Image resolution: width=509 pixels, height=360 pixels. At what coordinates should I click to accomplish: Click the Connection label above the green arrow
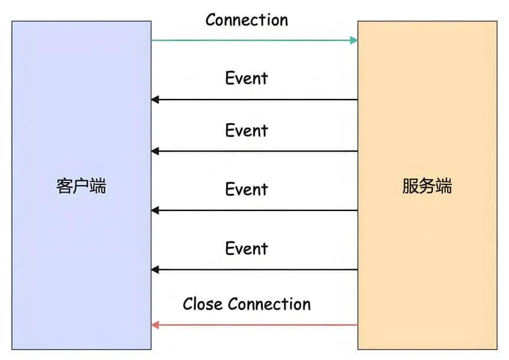247,20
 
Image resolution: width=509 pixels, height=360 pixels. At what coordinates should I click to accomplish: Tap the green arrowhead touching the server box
354,40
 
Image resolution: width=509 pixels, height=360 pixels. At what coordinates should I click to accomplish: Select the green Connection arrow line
254,40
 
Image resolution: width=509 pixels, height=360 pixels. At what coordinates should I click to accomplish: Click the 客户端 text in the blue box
81,186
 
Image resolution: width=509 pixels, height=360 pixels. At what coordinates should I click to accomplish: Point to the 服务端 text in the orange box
427,186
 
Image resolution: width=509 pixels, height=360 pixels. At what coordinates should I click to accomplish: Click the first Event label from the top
247,78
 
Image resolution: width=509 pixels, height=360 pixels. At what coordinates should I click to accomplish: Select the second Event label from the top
247,130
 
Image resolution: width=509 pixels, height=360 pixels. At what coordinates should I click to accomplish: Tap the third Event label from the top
247,189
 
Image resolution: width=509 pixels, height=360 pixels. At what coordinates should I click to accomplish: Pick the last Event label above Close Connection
247,249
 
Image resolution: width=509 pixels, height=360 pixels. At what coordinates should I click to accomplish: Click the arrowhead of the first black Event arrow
155,100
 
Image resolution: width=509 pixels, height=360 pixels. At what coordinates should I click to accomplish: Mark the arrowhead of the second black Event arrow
155,151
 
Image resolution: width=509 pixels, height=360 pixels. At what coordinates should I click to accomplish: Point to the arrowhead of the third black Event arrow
155,210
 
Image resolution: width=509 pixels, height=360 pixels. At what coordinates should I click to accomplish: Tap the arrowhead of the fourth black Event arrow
155,269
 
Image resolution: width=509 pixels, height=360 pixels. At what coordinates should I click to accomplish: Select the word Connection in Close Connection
269,304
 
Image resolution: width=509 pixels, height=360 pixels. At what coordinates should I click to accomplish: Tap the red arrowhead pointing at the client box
155,325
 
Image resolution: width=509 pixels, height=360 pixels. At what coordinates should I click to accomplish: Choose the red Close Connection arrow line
254,325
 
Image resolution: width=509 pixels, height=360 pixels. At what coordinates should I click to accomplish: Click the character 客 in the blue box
65,186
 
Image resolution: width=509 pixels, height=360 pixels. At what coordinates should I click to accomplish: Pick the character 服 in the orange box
411,186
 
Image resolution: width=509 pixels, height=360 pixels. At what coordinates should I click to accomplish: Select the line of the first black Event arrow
254,100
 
